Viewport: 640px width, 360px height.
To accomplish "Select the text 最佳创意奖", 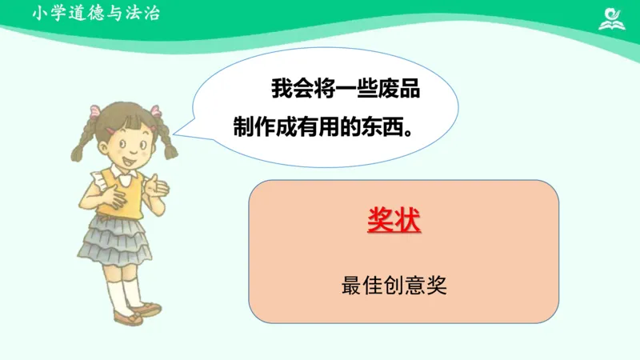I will pyautogui.click(x=394, y=285).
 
